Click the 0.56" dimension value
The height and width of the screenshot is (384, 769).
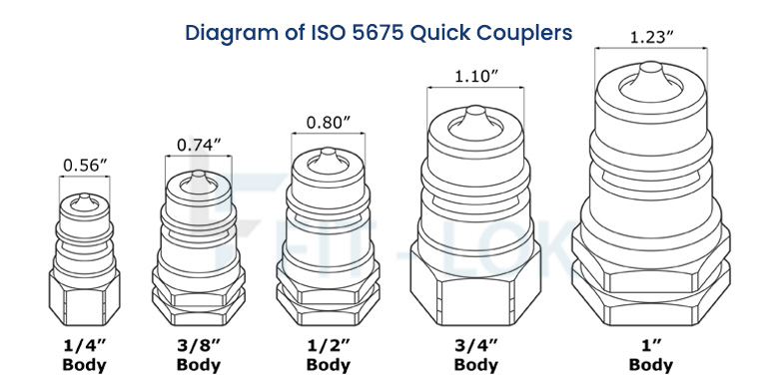83,165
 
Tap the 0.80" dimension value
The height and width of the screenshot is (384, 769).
329,123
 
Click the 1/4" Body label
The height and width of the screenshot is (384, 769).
83,355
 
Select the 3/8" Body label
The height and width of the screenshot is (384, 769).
197,355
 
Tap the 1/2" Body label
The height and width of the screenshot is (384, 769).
329,355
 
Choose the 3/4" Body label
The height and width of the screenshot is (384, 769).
475,355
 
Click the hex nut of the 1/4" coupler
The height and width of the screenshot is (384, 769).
83,295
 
